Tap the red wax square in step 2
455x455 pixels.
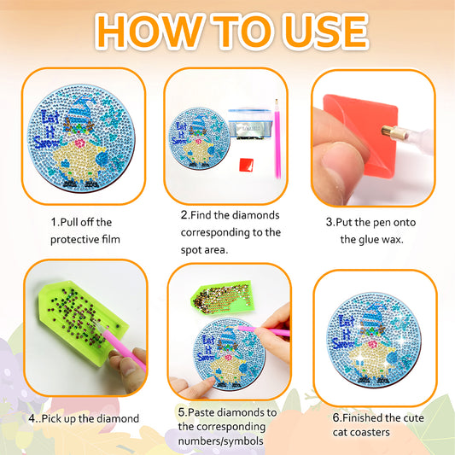(x=247, y=165)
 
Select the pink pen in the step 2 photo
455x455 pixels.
(x=277, y=139)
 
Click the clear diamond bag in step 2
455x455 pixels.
(x=250, y=124)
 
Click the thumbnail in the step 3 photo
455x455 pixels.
(x=340, y=162)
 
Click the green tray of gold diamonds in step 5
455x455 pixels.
(x=222, y=297)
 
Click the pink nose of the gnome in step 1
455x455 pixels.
(x=79, y=143)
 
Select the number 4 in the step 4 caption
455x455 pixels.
(x=32, y=418)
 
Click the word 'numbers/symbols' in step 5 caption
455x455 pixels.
(x=220, y=441)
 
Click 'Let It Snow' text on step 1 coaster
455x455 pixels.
(x=49, y=130)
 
